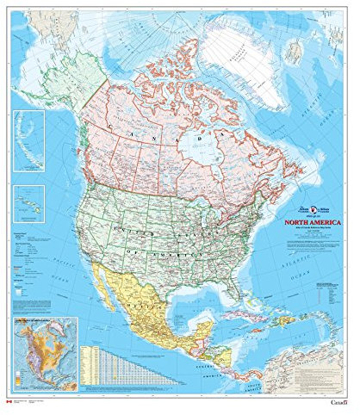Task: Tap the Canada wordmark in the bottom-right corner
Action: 338,404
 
